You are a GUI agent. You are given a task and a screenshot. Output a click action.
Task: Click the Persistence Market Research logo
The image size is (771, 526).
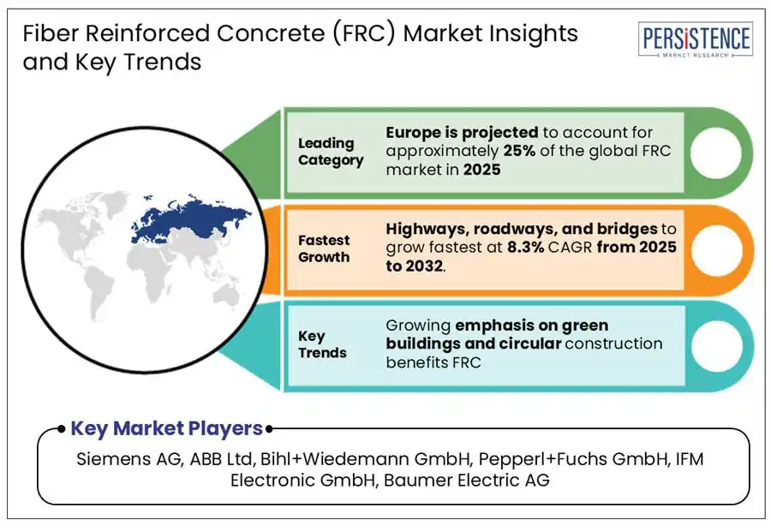[x=696, y=39]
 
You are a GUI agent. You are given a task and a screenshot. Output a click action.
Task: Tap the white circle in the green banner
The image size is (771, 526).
[x=715, y=152]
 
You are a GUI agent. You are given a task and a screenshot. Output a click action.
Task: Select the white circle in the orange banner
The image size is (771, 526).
[x=716, y=250]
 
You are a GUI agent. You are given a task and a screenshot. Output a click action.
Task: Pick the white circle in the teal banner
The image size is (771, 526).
[x=716, y=346]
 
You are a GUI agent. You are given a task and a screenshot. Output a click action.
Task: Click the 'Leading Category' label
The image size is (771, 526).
[x=331, y=152]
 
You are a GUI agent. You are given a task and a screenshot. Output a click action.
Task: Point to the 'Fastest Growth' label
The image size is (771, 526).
[x=324, y=248]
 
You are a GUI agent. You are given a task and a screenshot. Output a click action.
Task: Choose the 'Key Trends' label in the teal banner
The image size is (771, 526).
[x=322, y=344]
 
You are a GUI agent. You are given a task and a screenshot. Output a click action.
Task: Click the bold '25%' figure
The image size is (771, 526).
[x=519, y=151]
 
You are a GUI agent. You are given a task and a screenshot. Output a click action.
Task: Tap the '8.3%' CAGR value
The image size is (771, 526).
[x=526, y=247]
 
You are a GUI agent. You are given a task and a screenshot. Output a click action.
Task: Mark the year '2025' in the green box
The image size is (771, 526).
[x=481, y=170]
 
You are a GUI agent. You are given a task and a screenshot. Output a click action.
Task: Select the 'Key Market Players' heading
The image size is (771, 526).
[x=167, y=428]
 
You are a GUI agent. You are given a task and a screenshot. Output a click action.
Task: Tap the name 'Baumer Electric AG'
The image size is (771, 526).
[x=466, y=480]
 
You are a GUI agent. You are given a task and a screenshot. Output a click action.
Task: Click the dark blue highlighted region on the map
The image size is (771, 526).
[x=192, y=218]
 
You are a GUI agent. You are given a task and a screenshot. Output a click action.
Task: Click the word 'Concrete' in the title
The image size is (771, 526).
[x=271, y=33]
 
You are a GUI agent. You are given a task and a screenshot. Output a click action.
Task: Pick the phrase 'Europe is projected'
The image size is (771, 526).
[x=462, y=133]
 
